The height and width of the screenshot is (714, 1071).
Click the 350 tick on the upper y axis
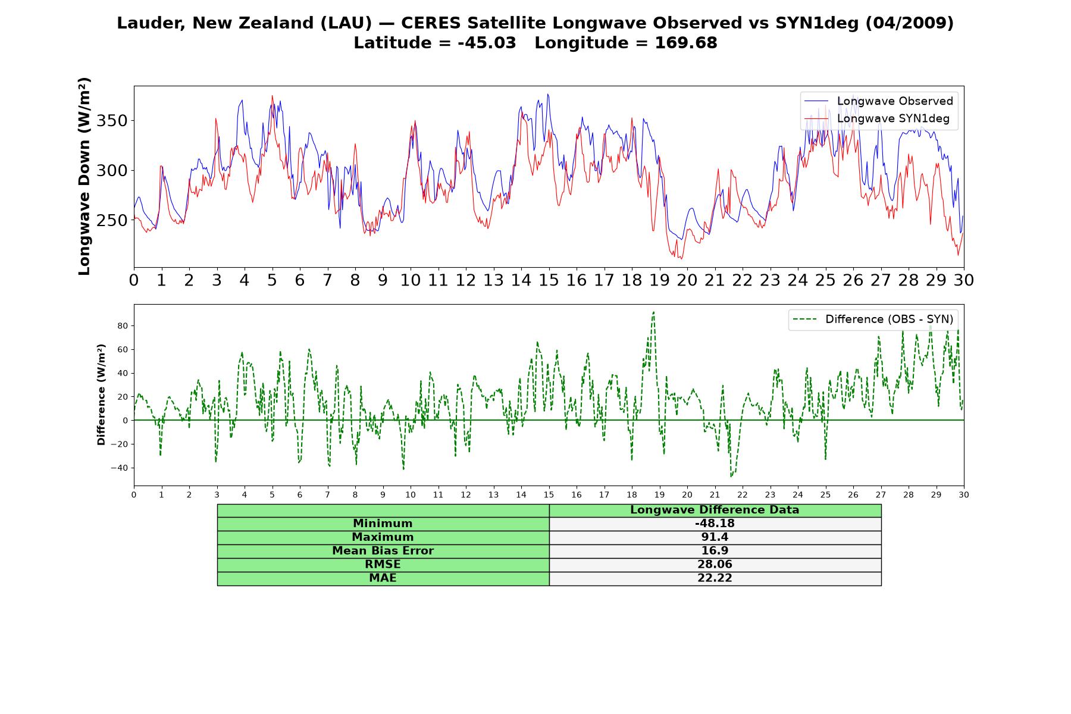tap(112, 121)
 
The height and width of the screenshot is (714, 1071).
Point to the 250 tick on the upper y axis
tap(112, 220)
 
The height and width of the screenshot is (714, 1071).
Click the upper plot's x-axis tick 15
tap(549, 280)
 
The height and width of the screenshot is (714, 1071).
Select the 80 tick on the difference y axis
tap(123, 326)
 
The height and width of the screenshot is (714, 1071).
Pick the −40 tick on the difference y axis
tap(119, 468)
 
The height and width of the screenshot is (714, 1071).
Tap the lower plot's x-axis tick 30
tap(964, 494)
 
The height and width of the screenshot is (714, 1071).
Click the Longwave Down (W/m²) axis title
tap(84, 176)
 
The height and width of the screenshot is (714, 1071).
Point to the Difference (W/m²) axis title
tap(101, 394)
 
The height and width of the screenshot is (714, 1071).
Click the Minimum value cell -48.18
tap(715, 524)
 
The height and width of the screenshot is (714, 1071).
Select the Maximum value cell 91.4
tap(715, 537)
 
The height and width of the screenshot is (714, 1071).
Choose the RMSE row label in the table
tap(383, 565)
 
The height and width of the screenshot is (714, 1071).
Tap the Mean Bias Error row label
tap(383, 551)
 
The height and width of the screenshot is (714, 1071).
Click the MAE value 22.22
tap(715, 578)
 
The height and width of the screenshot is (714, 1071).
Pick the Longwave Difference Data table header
tap(715, 510)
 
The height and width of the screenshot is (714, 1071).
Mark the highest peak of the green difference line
tap(653, 312)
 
